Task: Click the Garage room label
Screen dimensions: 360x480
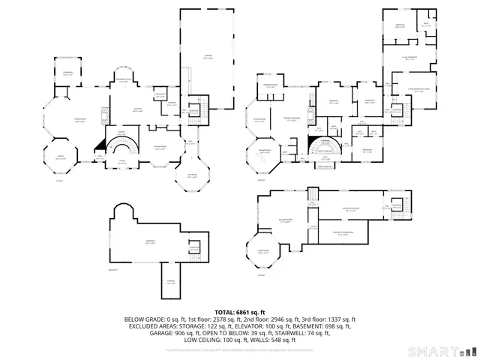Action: coord(207,56)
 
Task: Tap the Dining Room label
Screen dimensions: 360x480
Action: coord(160,148)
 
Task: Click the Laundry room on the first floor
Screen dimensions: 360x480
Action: coord(172,105)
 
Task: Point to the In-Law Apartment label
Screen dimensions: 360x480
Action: coord(409,57)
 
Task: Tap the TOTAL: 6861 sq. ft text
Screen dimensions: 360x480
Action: coord(240,311)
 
